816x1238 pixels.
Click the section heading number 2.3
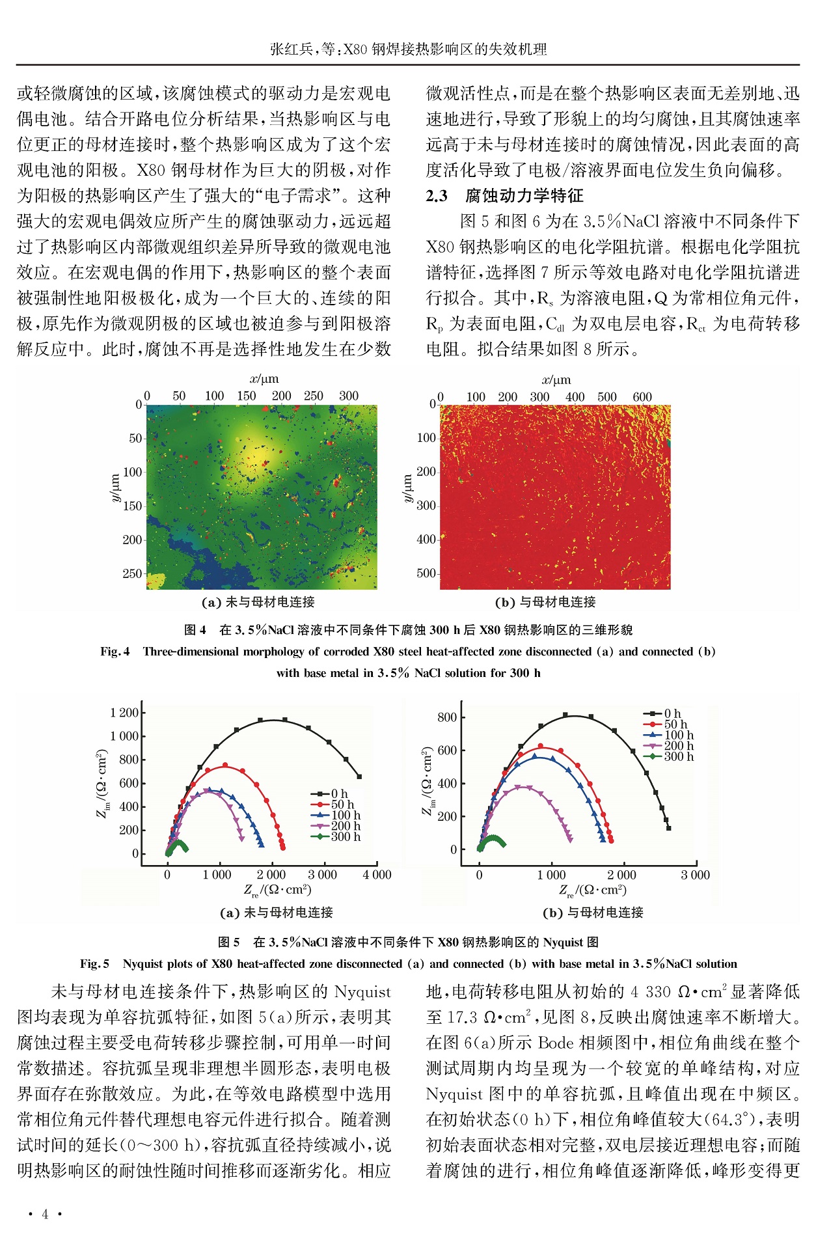tap(437, 196)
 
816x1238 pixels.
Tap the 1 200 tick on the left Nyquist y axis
tap(124, 713)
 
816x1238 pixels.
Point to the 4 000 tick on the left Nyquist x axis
tap(377, 875)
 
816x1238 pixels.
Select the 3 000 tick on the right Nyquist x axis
tap(695, 875)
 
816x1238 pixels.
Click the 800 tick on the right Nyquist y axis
tap(447, 717)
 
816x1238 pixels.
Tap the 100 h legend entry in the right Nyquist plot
tap(678, 735)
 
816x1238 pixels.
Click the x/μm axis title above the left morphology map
tap(264, 379)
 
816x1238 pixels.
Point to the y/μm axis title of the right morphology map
tap(408, 488)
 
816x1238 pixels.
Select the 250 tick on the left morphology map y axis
tap(132, 573)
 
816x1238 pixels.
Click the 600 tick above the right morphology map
tap(642, 397)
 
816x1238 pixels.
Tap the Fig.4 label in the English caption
tap(115, 652)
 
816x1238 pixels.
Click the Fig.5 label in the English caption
tap(94, 964)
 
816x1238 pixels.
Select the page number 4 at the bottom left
tap(45, 1214)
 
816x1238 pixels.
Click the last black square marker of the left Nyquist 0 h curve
tap(359, 777)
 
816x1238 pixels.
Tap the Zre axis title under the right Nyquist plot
tap(593, 890)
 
